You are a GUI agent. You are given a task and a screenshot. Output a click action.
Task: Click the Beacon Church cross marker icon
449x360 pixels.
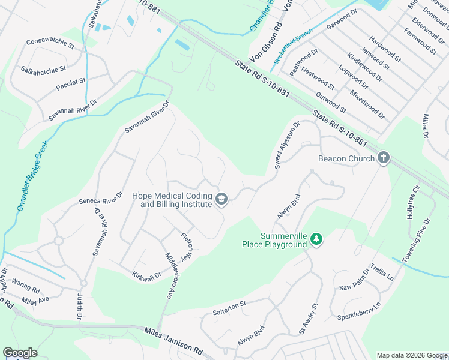tap(383, 158)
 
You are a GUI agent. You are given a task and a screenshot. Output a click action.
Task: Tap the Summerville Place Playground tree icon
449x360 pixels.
tap(316, 240)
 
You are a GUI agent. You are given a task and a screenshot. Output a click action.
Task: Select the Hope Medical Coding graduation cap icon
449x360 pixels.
tap(221, 199)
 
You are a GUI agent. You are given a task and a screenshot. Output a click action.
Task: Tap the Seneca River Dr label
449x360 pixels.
tap(101, 198)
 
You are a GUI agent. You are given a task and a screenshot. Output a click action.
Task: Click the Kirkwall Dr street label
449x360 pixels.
tap(146, 275)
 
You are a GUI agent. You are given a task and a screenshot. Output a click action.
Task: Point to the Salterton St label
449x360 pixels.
tap(229, 308)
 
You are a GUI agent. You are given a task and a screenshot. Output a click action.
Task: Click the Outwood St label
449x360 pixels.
tap(331, 101)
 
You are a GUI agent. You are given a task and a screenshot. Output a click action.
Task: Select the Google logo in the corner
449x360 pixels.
tap(20, 353)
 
